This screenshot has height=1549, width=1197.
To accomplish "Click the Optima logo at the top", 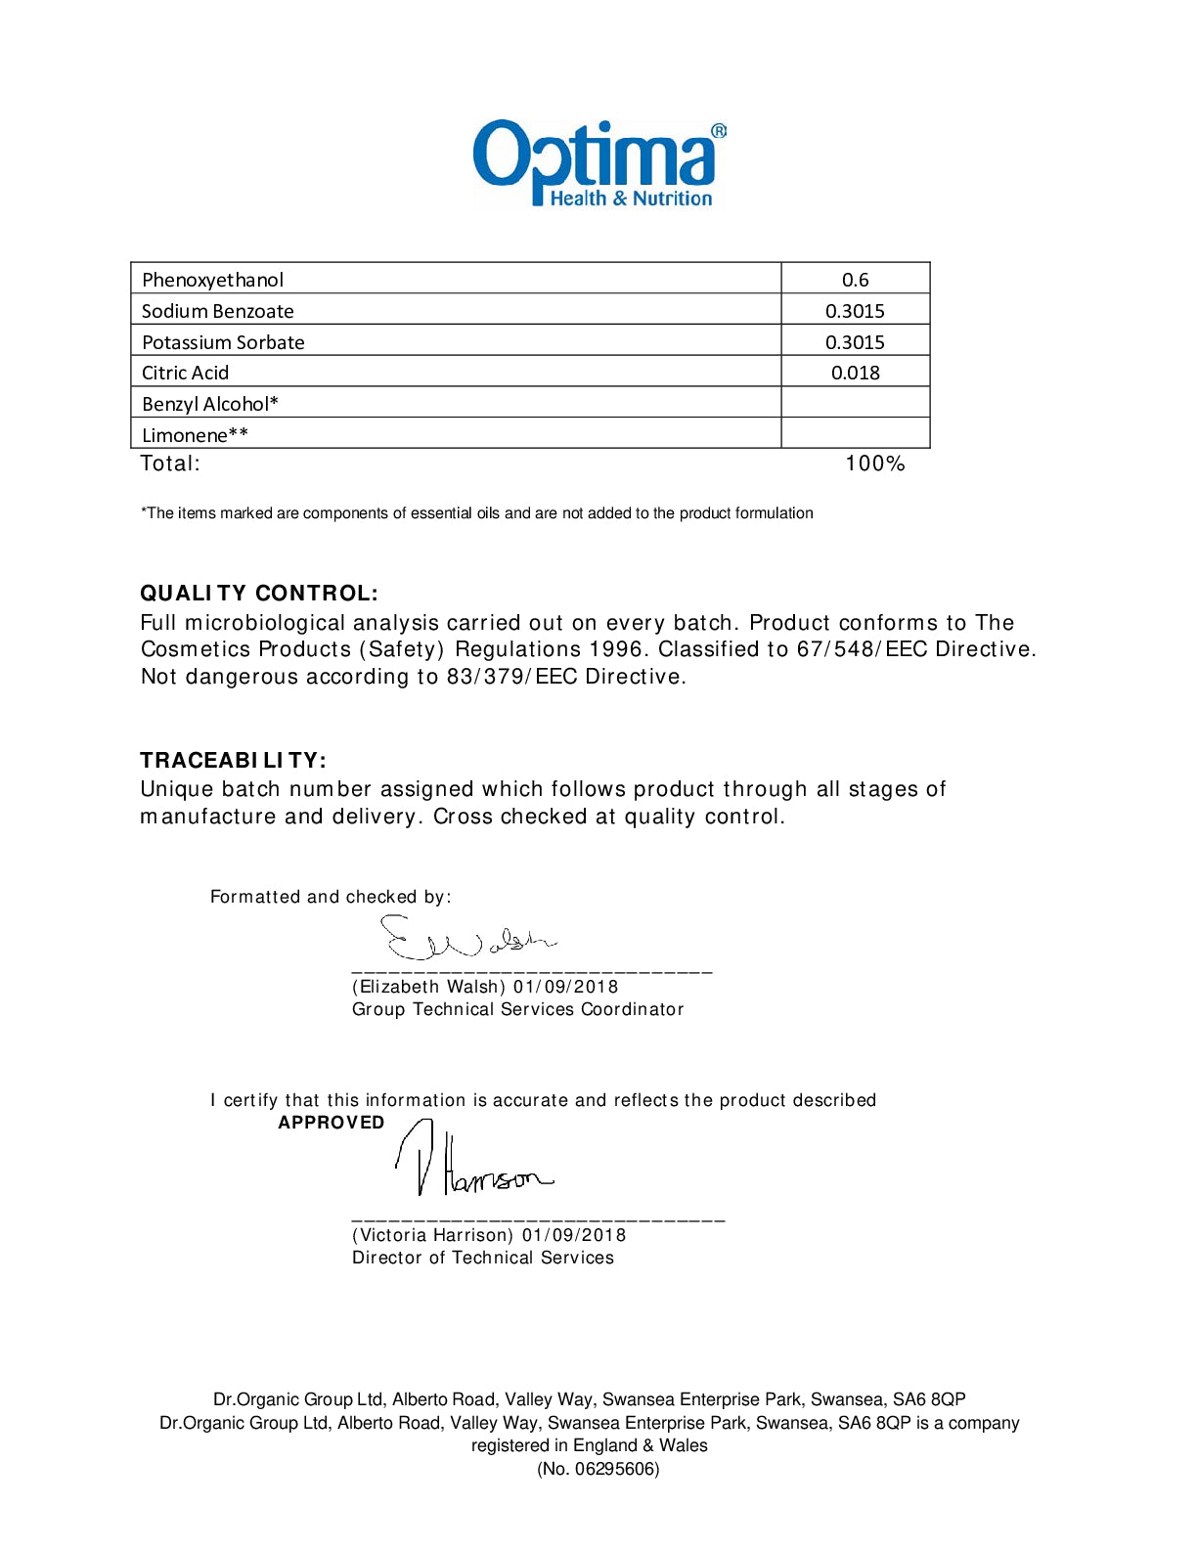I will click(x=598, y=163).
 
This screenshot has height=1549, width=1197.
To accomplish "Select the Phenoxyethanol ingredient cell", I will click(x=213, y=280).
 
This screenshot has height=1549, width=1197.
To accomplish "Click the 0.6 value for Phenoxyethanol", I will click(x=855, y=280).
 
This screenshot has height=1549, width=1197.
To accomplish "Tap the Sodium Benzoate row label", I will click(x=217, y=311).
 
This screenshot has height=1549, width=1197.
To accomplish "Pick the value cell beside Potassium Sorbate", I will click(x=855, y=342).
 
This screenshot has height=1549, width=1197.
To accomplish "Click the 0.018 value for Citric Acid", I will click(x=855, y=373).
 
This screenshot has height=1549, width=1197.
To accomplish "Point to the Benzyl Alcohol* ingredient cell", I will click(x=210, y=404).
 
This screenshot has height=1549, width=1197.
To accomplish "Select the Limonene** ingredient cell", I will click(x=195, y=435).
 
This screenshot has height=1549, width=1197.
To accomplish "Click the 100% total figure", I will click(x=874, y=464).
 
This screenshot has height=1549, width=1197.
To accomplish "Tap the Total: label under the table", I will click(x=170, y=464).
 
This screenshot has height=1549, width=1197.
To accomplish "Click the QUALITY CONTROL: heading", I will click(x=259, y=594).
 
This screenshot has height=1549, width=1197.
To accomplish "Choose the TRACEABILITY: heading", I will click(x=233, y=761).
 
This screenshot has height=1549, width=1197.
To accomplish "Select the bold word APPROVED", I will click(x=331, y=1123).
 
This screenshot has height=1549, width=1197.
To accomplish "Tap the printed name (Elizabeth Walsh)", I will click(x=429, y=987).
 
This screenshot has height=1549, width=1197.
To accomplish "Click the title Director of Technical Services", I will click(x=483, y=1258).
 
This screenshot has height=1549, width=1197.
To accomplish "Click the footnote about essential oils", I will click(x=477, y=513).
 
